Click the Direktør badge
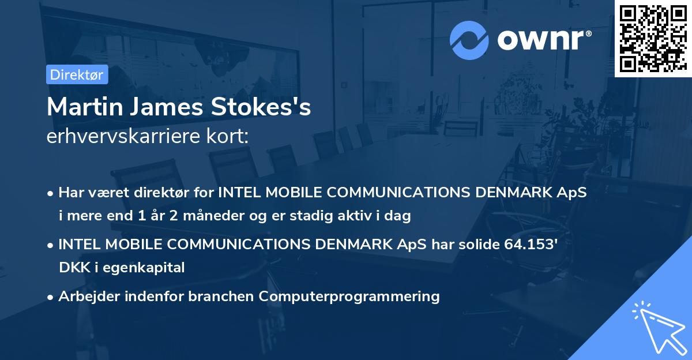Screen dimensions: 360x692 77,74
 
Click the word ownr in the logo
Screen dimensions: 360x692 543,40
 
